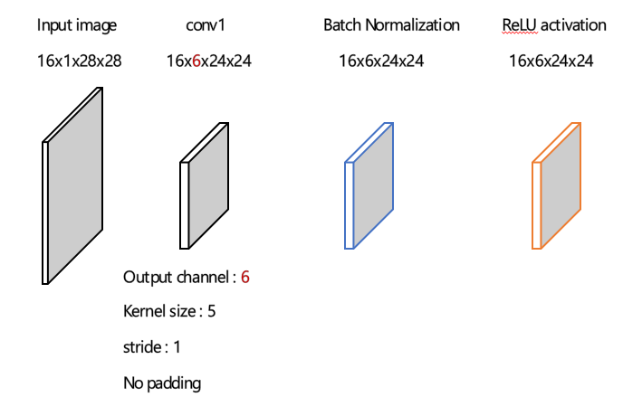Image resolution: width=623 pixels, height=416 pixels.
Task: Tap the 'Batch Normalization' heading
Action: [391, 25]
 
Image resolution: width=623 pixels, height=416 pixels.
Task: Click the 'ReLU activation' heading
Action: [554, 25]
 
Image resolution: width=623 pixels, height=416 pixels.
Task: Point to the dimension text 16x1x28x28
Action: [80, 61]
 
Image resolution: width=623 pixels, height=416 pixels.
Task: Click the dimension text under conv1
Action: [208, 61]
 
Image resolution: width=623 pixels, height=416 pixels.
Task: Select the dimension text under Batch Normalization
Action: [381, 61]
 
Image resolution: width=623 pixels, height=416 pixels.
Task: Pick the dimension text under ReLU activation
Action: [551, 61]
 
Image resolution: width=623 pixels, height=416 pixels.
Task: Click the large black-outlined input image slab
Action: [74, 185]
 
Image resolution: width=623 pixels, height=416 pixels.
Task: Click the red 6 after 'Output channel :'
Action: [244, 277]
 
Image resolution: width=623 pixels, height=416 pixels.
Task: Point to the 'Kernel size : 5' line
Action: [169, 312]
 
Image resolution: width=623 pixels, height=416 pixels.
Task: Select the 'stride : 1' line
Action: [152, 347]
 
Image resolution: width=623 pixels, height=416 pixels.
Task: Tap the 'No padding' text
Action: [162, 383]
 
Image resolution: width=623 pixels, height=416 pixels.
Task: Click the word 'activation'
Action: [574, 25]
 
